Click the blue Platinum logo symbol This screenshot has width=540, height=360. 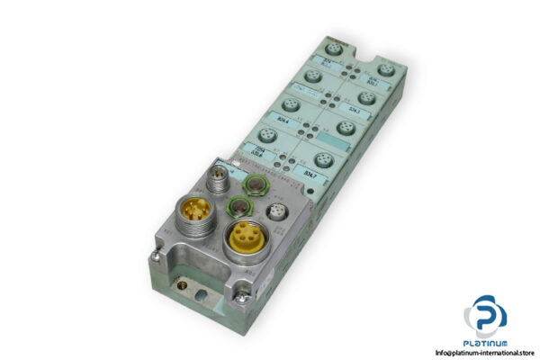tap(485, 316)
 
